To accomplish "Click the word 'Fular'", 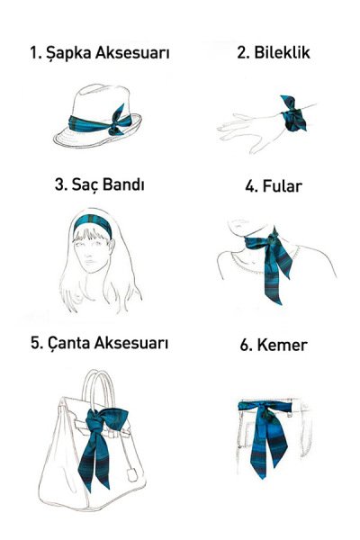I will pos(285,187).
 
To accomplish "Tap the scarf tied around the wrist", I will pos(294,117).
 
